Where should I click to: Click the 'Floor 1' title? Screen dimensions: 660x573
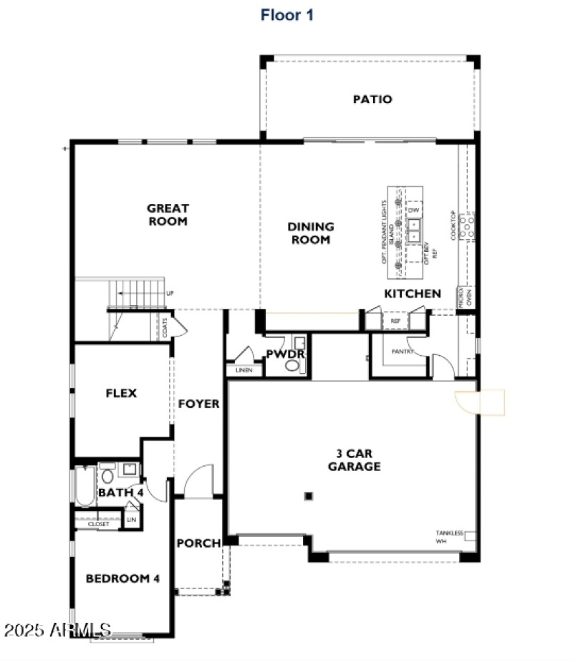coord(286,14)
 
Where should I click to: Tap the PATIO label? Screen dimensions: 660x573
coord(372,100)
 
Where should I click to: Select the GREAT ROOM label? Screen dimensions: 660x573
coord(168,215)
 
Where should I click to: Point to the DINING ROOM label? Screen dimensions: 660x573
coord(311,233)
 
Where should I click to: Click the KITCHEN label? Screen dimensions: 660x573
coord(413,293)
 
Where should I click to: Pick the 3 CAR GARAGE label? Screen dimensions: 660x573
coord(354,460)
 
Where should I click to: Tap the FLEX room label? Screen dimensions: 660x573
coord(121,393)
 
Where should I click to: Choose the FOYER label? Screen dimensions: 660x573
coord(198,404)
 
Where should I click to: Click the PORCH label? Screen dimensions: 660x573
coord(198,543)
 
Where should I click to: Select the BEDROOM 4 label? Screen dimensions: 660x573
coord(122,578)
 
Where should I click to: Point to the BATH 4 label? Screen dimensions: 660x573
coord(121,492)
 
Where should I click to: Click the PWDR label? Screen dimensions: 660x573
coord(286,354)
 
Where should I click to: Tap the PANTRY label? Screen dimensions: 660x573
coord(403,351)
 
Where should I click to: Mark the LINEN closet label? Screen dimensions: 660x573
coord(244,371)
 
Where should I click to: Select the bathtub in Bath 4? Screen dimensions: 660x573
coord(83,486)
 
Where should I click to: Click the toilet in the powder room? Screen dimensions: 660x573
coord(292,366)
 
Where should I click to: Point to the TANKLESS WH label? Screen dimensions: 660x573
coord(450,537)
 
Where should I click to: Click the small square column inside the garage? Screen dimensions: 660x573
coord(308,495)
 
